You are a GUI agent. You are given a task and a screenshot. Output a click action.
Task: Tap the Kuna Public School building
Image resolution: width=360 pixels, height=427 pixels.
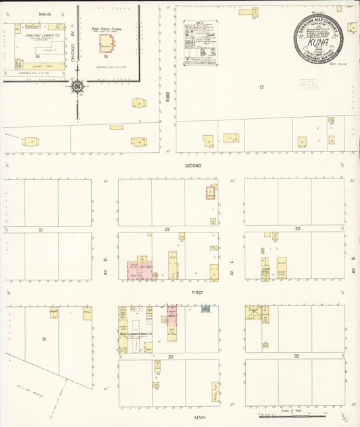click(107, 43)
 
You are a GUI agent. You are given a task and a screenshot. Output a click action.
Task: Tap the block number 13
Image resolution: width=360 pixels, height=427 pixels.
click(261, 87)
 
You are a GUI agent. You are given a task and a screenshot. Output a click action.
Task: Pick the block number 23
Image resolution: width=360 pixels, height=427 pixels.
click(297, 230)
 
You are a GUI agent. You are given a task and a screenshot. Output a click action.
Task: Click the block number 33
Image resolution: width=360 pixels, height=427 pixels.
click(296, 355)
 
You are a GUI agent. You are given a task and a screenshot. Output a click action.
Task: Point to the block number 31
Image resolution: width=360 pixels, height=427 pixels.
click(44, 339)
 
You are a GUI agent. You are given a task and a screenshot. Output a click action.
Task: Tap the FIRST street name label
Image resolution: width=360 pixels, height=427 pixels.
click(197, 293)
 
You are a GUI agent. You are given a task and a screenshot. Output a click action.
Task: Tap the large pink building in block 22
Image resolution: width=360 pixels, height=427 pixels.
click(139, 270)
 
